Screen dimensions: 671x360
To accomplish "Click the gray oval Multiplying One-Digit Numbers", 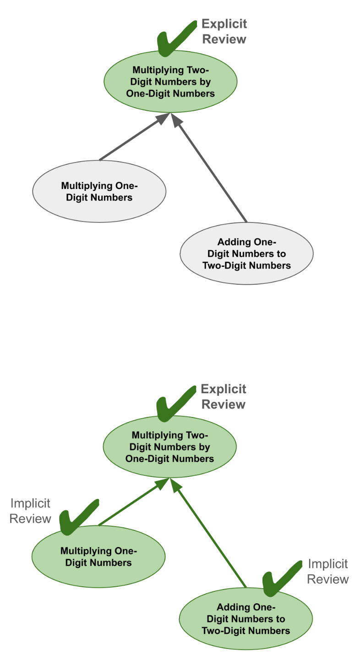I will pyautogui.click(x=99, y=192).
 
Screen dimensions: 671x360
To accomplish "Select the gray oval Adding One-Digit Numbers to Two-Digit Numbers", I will pyautogui.click(x=246, y=254).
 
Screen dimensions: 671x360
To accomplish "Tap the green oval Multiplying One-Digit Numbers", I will pyautogui.click(x=98, y=557).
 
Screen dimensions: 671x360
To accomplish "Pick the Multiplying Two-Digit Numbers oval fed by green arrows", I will pyautogui.click(x=170, y=447).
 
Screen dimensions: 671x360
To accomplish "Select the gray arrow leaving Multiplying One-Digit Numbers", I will pyautogui.click(x=130, y=140).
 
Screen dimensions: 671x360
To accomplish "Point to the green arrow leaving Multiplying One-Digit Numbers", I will pyautogui.click(x=129, y=505).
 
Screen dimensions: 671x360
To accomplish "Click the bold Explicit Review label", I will pyautogui.click(x=224, y=32).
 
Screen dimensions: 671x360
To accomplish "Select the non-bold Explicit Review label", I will pyautogui.click(x=224, y=397).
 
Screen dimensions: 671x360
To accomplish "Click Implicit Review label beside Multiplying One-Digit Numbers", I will pyautogui.click(x=30, y=511).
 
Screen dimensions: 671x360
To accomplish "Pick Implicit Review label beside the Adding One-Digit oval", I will pyautogui.click(x=327, y=572).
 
